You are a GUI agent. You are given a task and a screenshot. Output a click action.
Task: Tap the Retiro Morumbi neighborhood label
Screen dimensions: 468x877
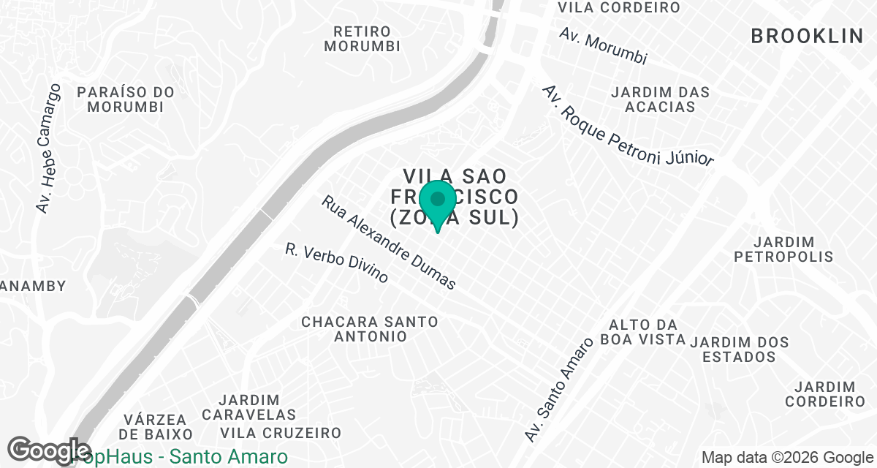pyautogui.click(x=362, y=39)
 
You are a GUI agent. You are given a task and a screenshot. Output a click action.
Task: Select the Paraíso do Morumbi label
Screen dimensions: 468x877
pyautogui.click(x=126, y=99)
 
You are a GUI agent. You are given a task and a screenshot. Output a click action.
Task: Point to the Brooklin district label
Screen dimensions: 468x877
pyautogui.click(x=807, y=36)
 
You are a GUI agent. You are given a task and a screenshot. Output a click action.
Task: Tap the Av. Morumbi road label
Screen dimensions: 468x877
pyautogui.click(x=603, y=46)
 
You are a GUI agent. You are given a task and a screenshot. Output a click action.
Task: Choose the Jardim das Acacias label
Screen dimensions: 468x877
pyautogui.click(x=661, y=99)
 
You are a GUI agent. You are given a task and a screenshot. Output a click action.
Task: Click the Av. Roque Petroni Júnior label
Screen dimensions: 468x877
pyautogui.click(x=627, y=125)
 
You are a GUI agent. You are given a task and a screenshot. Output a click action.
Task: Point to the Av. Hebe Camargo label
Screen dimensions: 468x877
pyautogui.click(x=49, y=148)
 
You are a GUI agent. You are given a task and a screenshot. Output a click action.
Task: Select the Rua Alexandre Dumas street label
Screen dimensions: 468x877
pyautogui.click(x=390, y=242)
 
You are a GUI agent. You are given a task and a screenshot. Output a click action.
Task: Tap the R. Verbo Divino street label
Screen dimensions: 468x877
pyautogui.click(x=337, y=263)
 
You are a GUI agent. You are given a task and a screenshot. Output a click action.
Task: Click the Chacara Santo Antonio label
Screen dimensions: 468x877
pyautogui.click(x=370, y=329)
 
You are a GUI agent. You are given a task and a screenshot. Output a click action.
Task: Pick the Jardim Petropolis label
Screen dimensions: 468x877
pyautogui.click(x=783, y=249)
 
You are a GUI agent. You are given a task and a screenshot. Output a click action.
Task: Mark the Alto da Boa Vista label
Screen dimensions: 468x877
pyautogui.click(x=643, y=331)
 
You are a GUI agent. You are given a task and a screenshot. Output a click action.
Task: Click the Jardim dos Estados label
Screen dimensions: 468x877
pyautogui.click(x=740, y=350)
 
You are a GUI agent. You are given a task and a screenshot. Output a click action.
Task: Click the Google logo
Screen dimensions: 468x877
pyautogui.click(x=48, y=450)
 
